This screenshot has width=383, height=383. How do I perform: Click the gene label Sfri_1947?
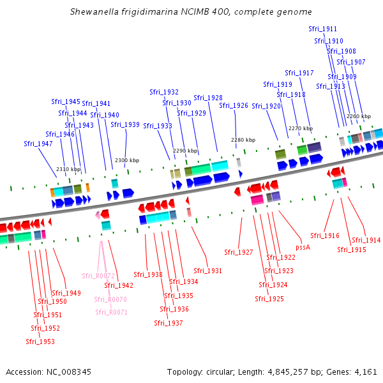(38, 144)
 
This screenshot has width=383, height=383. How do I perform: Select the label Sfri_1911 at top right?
(322, 29)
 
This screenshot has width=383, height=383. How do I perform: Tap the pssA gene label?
(303, 248)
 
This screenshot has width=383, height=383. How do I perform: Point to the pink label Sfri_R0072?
(98, 276)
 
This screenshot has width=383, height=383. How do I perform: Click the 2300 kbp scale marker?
(127, 160)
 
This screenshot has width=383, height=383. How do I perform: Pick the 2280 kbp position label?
(243, 140)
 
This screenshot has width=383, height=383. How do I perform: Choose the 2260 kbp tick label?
(359, 116)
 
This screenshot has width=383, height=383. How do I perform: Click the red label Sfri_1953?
(40, 342)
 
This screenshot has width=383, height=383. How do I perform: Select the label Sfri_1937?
(169, 323)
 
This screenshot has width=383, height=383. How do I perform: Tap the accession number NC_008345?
(69, 372)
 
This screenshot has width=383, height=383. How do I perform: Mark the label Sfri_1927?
(239, 252)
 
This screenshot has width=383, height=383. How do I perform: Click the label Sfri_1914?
(366, 241)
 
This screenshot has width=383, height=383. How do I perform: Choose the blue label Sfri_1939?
(125, 125)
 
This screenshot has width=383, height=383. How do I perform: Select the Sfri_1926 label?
(234, 105)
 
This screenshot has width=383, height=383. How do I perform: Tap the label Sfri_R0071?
(111, 312)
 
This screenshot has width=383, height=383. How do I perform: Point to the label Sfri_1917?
(299, 73)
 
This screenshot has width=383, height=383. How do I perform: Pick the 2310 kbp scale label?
(68, 169)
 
